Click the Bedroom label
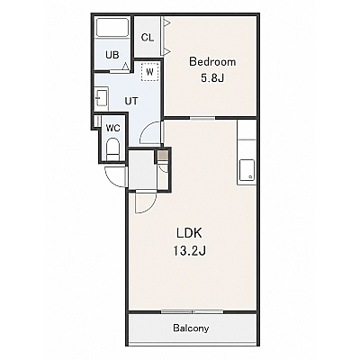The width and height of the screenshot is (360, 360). (x=212, y=62)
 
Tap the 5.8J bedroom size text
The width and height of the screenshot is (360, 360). (x=212, y=78)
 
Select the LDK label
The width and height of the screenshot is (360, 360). (x=189, y=233)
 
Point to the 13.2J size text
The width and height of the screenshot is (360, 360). (x=189, y=250)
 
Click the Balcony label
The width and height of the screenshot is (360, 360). (x=191, y=328)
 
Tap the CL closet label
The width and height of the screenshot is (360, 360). (x=148, y=38)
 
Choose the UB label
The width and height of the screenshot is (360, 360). (x=112, y=55)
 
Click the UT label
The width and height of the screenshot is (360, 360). (x=131, y=102)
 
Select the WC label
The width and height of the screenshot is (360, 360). (x=113, y=129)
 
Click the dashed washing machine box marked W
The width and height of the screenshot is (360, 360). (x=149, y=72)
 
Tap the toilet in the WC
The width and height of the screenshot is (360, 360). (x=113, y=149)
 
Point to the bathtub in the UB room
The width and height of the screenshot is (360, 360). (x=112, y=28)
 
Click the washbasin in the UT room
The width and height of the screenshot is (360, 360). (x=101, y=97)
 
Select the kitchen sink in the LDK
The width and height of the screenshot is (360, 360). (x=247, y=170)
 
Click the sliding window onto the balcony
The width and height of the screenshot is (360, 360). (x=193, y=312)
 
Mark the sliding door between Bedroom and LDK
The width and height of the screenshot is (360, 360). (x=202, y=118)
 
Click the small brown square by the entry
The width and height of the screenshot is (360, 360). (x=162, y=156)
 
